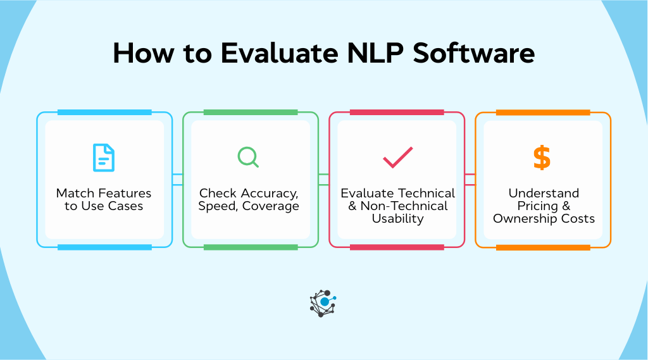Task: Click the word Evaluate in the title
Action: click(x=279, y=54)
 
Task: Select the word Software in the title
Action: click(x=474, y=54)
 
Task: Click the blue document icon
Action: click(x=104, y=158)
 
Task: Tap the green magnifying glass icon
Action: click(x=248, y=158)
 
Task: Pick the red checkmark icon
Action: click(x=397, y=158)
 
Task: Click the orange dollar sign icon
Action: click(x=542, y=158)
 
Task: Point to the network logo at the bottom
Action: click(x=323, y=302)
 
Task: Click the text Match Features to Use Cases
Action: click(x=104, y=200)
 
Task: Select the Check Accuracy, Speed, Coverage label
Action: click(x=249, y=200)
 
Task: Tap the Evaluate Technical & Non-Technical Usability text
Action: click(x=397, y=206)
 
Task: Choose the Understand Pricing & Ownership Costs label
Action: click(x=544, y=206)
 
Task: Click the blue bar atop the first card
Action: click(x=104, y=113)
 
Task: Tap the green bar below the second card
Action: click(x=251, y=247)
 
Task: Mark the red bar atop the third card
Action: click(x=397, y=113)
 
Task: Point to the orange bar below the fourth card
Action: click(x=543, y=247)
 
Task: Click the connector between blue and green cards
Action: click(x=178, y=180)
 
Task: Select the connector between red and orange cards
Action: click(x=470, y=180)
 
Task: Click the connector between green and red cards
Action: click(x=324, y=180)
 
